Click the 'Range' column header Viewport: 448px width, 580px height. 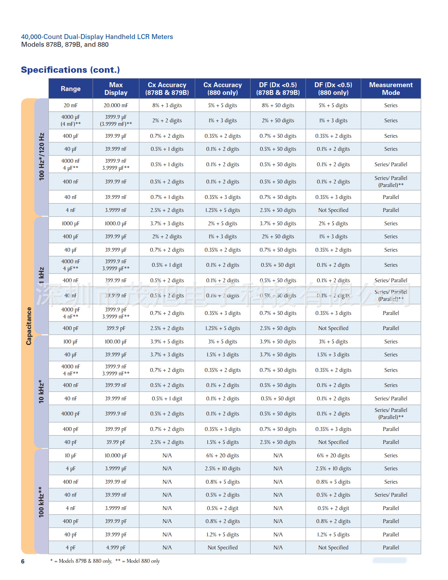(70, 89)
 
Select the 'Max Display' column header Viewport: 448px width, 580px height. (116, 89)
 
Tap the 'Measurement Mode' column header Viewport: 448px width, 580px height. (391, 89)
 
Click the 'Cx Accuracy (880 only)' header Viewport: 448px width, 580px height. (222, 89)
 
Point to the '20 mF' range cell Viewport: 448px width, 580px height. (70, 105)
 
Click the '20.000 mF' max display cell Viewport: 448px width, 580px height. (116, 105)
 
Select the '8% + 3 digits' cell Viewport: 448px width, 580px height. (167, 105)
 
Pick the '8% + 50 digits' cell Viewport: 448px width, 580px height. (278, 105)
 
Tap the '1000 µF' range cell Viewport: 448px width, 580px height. (70, 224)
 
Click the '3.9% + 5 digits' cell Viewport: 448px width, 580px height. (167, 342)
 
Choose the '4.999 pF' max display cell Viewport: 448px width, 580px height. (116, 548)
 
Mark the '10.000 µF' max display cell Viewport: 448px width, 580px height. (116, 456)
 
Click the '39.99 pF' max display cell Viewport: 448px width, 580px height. (116, 442)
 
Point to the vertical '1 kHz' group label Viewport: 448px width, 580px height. (41, 276)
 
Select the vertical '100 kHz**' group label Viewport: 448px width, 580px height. (41, 502)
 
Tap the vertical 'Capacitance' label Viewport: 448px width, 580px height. (29, 326)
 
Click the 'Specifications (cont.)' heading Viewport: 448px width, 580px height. (70, 70)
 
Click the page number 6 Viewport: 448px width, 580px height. (23, 561)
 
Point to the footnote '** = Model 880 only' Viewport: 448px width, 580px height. (137, 561)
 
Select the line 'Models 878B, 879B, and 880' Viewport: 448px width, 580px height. (65, 45)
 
